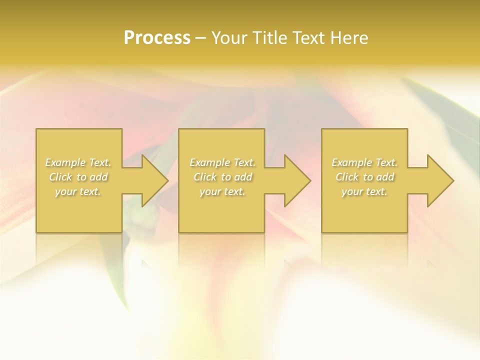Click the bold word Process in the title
pyautogui.click(x=157, y=38)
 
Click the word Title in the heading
pyautogui.click(x=270, y=38)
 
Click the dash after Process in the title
pyautogui.click(x=201, y=38)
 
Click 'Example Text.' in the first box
pyautogui.click(x=78, y=162)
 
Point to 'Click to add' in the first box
pyautogui.click(x=78, y=177)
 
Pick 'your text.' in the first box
pyautogui.click(x=78, y=191)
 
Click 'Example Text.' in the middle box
pyautogui.click(x=222, y=162)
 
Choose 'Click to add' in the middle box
pyautogui.click(x=222, y=177)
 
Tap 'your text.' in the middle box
pyautogui.click(x=222, y=191)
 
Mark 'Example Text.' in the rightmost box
pyautogui.click(x=364, y=162)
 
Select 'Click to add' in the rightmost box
pyautogui.click(x=364, y=177)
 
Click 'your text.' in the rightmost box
pyautogui.click(x=364, y=191)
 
